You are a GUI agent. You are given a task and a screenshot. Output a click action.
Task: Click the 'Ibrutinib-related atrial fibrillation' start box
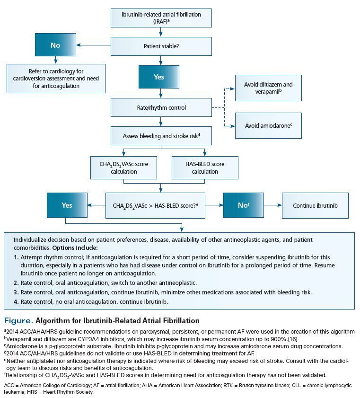click(x=161, y=18)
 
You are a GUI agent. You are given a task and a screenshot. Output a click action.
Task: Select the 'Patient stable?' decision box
click(x=161, y=46)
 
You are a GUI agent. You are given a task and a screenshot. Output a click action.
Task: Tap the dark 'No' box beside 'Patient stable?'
click(x=55, y=46)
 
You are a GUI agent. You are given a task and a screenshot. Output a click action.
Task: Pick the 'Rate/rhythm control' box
click(x=161, y=108)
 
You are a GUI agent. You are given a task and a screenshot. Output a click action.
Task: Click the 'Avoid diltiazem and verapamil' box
click(x=268, y=88)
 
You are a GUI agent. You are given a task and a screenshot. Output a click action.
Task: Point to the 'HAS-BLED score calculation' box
click(x=205, y=168)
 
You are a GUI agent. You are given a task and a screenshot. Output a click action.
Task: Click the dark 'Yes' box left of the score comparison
click(x=67, y=206)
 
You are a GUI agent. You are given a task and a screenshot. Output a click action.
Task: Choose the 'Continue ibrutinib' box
click(x=315, y=206)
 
